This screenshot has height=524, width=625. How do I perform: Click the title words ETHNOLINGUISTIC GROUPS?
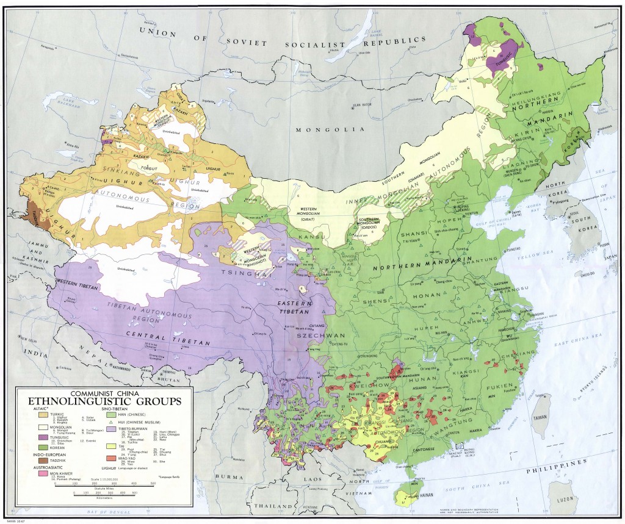[x=103, y=401]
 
